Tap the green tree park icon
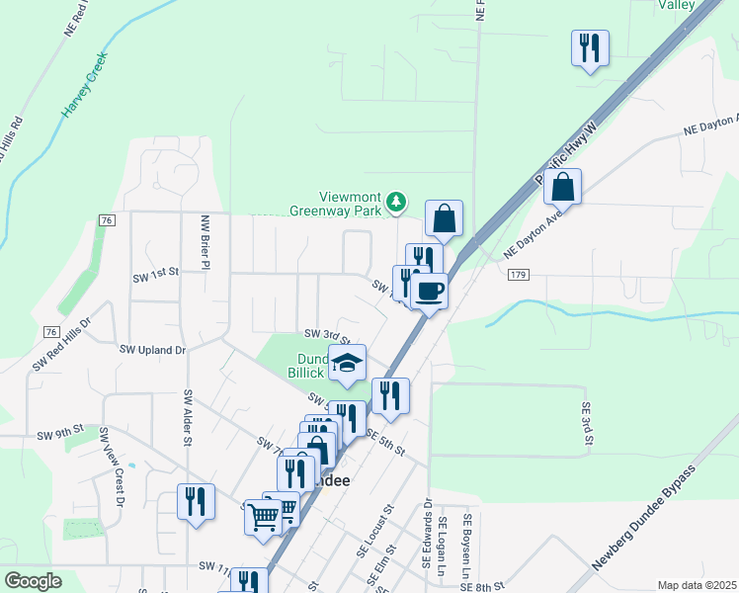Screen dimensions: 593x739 tap(396, 203)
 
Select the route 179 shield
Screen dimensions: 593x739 tap(520, 276)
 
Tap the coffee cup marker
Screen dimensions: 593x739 tap(429, 291)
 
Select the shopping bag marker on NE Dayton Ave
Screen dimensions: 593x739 tap(562, 186)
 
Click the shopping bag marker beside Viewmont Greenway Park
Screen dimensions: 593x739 tap(445, 218)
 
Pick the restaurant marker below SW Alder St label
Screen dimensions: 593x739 tap(196, 500)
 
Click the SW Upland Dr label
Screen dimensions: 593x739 tap(153, 350)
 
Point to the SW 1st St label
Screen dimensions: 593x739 tap(156, 271)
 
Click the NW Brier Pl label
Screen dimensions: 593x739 tap(205, 242)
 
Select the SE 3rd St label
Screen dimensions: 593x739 tap(585, 423)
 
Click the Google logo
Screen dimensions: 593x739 tap(33, 581)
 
